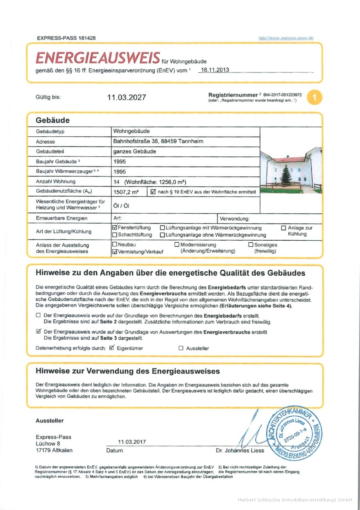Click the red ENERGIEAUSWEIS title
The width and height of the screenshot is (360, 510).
coord(97,58)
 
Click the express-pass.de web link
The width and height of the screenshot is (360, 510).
coord(286,38)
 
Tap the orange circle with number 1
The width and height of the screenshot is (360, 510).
coord(315,97)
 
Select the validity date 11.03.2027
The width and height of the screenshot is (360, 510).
coord(126,97)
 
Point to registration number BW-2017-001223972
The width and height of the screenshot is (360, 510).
coord(282,95)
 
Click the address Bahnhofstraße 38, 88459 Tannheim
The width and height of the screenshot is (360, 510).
coord(158,142)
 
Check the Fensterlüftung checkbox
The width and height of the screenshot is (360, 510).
coord(115,228)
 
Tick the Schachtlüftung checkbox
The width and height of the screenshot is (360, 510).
coord(115,235)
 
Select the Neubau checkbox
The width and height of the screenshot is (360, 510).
coord(115,244)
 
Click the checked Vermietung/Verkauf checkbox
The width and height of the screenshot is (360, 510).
coord(115,252)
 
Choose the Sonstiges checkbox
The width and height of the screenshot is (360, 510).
coord(251,244)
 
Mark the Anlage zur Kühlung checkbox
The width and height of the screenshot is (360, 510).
coord(284,228)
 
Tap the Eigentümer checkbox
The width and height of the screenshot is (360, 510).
coord(111,348)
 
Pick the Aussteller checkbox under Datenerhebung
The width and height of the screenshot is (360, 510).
coord(181,348)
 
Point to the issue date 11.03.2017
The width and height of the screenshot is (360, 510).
coord(132,442)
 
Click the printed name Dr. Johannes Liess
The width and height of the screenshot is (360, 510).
coord(240,451)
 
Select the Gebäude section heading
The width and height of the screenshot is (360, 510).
coord(53,120)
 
